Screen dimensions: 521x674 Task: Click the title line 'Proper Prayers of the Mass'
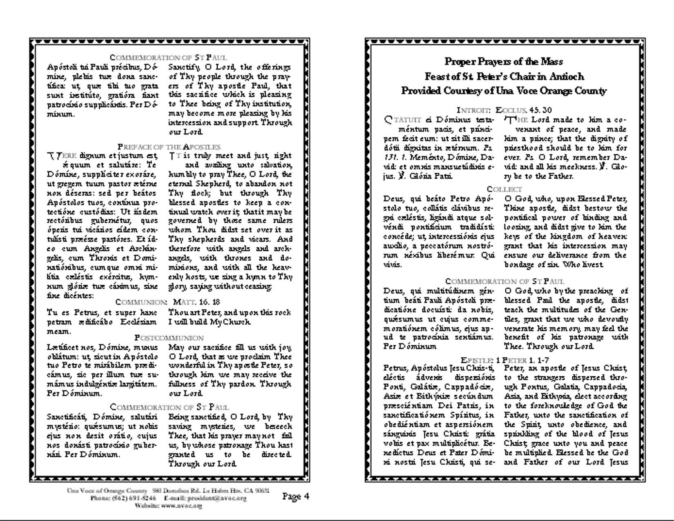click(504, 62)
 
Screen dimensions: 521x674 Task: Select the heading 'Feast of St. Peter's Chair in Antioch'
click(504, 76)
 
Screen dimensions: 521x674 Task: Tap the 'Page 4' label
click(295, 496)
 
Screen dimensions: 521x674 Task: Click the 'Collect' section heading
click(504, 189)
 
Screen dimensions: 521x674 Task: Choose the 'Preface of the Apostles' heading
click(169, 147)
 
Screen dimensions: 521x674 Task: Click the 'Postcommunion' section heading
click(169, 338)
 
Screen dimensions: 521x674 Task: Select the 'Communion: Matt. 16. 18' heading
click(168, 302)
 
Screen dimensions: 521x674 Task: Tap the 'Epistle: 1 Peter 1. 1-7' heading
click(504, 360)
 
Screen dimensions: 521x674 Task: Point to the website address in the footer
click(168, 505)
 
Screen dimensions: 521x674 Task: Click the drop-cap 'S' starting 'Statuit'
click(388, 120)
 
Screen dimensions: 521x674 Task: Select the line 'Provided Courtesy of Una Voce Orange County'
click(504, 91)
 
